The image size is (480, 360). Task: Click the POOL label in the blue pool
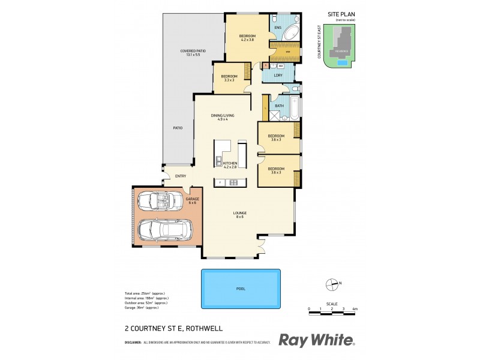[241, 289]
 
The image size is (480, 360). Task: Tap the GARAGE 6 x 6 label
[192, 200]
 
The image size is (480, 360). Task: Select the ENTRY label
[180, 176]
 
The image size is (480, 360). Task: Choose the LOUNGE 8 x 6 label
[240, 215]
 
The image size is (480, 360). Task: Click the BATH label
[279, 106]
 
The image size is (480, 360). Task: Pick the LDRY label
[278, 75]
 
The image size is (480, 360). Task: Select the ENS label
[277, 28]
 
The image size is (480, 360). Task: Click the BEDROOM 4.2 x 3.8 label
[247, 38]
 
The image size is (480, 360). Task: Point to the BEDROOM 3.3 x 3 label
[229, 78]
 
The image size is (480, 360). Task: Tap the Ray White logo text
[316, 340]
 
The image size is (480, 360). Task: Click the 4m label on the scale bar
[355, 308]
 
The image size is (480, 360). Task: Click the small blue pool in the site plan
[342, 62]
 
